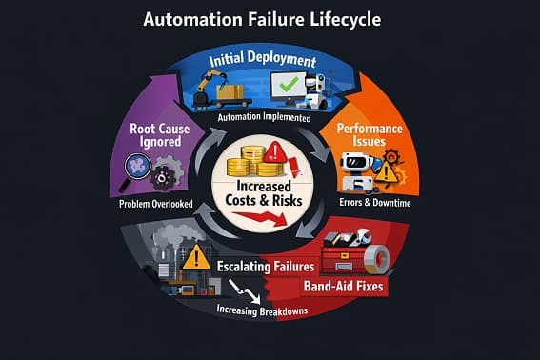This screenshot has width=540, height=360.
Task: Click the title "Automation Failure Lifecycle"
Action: [270, 19]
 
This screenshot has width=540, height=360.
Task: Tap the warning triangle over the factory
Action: [197, 256]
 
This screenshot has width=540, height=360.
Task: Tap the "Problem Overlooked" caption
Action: [158, 203]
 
